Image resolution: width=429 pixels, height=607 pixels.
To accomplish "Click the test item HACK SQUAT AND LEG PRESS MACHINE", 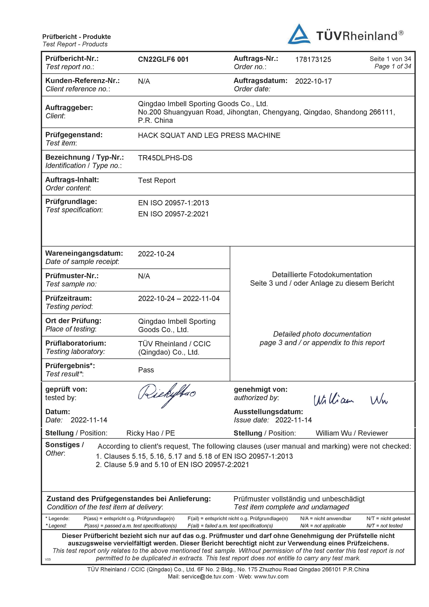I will coord(209,135).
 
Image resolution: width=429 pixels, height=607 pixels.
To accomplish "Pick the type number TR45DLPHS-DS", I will coord(165,158).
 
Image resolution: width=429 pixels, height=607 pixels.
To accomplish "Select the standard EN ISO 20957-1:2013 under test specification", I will coord(173,203).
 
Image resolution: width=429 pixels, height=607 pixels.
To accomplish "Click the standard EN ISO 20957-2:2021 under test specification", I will coord(173,214).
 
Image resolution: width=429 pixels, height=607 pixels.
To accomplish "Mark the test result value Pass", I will coord(146,370).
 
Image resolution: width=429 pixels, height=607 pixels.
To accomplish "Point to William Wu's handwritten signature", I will coord(350,400).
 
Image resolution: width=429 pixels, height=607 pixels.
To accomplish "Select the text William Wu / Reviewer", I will coord(351,433).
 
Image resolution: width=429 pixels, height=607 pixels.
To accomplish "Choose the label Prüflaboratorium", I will coord(76,343).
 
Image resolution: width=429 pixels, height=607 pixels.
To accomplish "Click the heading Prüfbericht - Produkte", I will coord(76,37).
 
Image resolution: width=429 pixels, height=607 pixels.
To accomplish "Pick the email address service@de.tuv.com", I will coord(208,576).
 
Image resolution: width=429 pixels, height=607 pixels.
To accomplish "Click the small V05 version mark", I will coord(48,559).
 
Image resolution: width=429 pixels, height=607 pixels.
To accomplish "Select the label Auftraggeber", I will coord(69,108).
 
